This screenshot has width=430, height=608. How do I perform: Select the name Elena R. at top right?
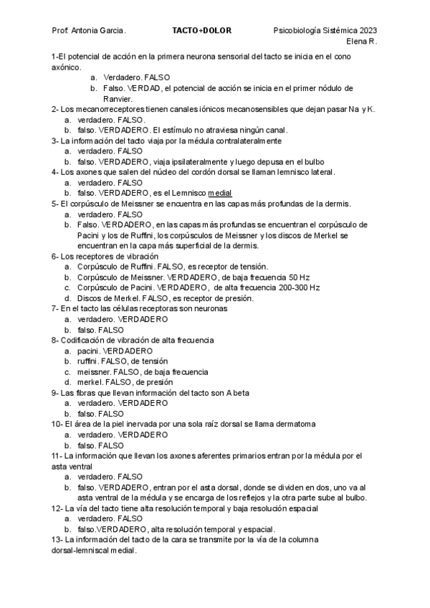(363, 42)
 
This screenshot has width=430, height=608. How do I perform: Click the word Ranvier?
(118, 98)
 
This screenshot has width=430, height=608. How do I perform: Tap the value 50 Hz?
(299, 277)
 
